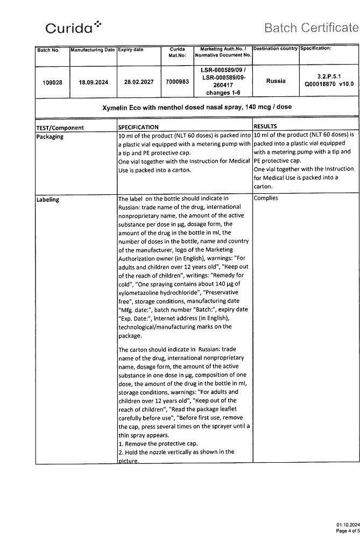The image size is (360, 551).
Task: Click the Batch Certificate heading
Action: (x=310, y=27)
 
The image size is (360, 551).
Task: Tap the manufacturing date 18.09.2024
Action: (x=93, y=82)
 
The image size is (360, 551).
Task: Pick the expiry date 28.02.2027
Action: (x=138, y=82)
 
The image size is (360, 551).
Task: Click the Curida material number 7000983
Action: (x=178, y=82)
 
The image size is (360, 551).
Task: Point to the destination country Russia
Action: (x=276, y=81)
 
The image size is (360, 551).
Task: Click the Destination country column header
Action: (x=275, y=49)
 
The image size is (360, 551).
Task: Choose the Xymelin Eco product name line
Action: (x=197, y=107)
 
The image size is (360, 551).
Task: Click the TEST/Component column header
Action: (x=60, y=128)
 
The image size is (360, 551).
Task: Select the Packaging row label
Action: (x=50, y=137)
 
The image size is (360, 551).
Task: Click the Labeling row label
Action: (x=48, y=200)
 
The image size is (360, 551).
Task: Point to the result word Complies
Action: (x=265, y=198)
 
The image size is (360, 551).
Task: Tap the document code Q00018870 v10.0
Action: (x=329, y=84)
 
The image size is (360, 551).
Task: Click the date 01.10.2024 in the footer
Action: (x=348, y=524)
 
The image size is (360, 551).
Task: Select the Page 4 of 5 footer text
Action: (x=347, y=531)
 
